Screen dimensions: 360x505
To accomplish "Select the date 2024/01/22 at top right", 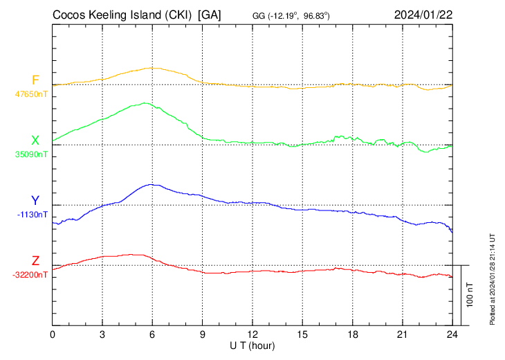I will coord(423,15).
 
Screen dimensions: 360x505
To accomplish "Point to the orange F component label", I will coord(35,80).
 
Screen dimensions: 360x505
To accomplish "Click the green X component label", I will coord(35,141).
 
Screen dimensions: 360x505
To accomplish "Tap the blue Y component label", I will coord(35,201).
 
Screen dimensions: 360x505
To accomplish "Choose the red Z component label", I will coord(35,261).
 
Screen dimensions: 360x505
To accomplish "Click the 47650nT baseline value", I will coord(32,93).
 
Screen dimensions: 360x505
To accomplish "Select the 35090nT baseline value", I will coord(32,154).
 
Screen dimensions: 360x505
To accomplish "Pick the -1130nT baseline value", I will coord(33,215).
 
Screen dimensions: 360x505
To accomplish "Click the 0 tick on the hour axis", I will coord(53,334).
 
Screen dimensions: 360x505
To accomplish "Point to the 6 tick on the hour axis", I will coord(152,334).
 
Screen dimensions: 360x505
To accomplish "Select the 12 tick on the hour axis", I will coord(252,334).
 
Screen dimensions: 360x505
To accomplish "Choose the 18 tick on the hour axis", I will coord(352,334).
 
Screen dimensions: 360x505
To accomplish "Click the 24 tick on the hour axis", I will coord(452,334).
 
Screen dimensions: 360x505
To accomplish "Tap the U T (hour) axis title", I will coord(252,344).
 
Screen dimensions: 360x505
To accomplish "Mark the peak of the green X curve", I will coord(145,103).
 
